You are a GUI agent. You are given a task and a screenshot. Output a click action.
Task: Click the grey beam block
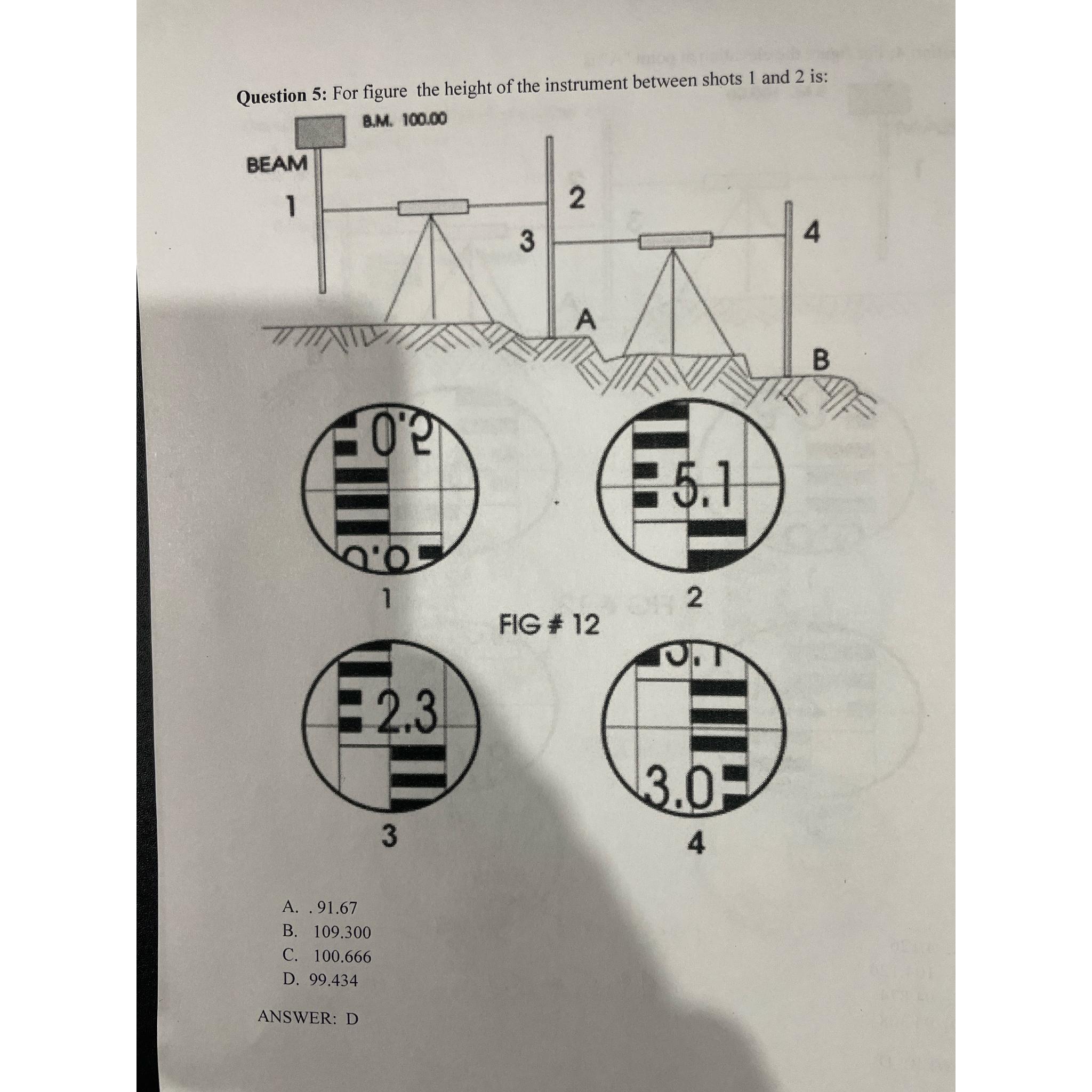[321, 132]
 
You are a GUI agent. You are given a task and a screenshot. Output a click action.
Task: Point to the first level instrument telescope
[433, 207]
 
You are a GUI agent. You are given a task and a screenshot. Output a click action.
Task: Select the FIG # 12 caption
[549, 625]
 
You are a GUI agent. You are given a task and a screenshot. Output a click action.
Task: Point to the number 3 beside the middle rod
[526, 242]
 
